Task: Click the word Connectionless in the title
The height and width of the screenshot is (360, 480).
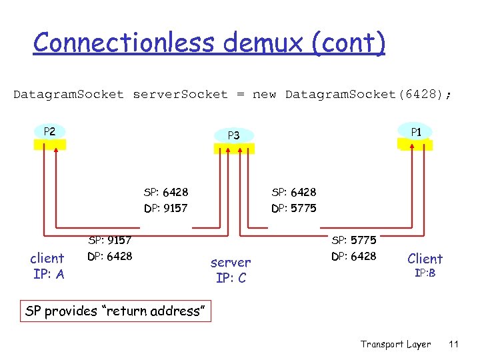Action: pos(125,43)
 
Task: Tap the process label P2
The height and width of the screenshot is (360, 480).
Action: pos(49,131)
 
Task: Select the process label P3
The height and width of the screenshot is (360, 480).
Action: pos(233,135)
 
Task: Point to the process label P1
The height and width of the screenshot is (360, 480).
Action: pos(416,132)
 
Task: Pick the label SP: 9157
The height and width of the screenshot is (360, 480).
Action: pos(110,240)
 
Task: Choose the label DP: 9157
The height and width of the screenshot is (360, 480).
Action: pos(165,209)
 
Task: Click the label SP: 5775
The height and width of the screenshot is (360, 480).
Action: pos(353,240)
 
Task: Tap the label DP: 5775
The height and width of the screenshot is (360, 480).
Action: pos(294,209)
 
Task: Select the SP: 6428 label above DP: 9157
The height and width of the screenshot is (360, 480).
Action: pos(165,193)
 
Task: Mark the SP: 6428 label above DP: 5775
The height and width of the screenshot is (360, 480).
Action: pos(294,193)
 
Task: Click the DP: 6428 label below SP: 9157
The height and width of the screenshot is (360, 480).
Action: pos(110,256)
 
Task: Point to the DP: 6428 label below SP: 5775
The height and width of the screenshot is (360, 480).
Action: pos(353,256)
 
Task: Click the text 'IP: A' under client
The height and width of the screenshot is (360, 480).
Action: pos(48,274)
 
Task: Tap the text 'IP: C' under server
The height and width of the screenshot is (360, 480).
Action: pos(231,278)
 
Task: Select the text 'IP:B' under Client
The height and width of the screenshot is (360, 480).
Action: pos(425,273)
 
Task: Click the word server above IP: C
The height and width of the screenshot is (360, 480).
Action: pos(231,263)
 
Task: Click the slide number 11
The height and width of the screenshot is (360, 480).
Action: pos(454,344)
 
